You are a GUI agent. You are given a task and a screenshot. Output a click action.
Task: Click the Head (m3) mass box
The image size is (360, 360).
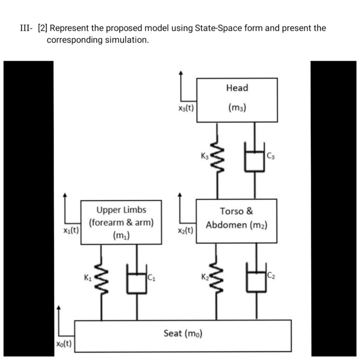237,100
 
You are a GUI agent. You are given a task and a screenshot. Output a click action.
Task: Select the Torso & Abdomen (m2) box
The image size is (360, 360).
237,221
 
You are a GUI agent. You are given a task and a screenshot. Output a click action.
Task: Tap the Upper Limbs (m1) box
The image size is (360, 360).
121,222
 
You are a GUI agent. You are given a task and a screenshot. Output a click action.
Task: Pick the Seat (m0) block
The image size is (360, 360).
183,335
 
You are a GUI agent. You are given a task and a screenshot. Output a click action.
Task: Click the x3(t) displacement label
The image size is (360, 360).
186,108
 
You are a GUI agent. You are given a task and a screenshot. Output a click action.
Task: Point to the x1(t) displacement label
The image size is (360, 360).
71,230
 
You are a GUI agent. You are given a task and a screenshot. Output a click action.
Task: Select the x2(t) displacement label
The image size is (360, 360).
185,230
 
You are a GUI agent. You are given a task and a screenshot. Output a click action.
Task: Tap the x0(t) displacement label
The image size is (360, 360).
64,343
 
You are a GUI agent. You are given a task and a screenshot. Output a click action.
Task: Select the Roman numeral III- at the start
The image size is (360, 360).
26,28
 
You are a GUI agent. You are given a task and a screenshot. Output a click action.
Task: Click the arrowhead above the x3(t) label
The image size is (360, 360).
181,73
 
